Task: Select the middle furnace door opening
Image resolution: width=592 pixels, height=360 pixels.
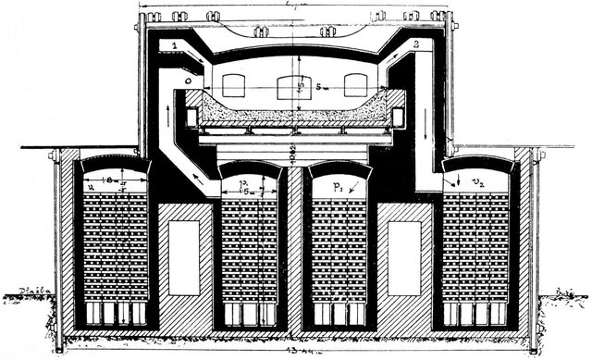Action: coord(290,86)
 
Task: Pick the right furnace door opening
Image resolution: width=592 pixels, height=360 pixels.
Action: coord(356,86)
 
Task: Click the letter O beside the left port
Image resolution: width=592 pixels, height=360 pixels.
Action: coord(189,81)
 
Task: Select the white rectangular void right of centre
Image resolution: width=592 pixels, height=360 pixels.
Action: coord(404,258)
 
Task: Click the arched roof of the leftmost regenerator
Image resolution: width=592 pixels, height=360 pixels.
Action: coord(115,164)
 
